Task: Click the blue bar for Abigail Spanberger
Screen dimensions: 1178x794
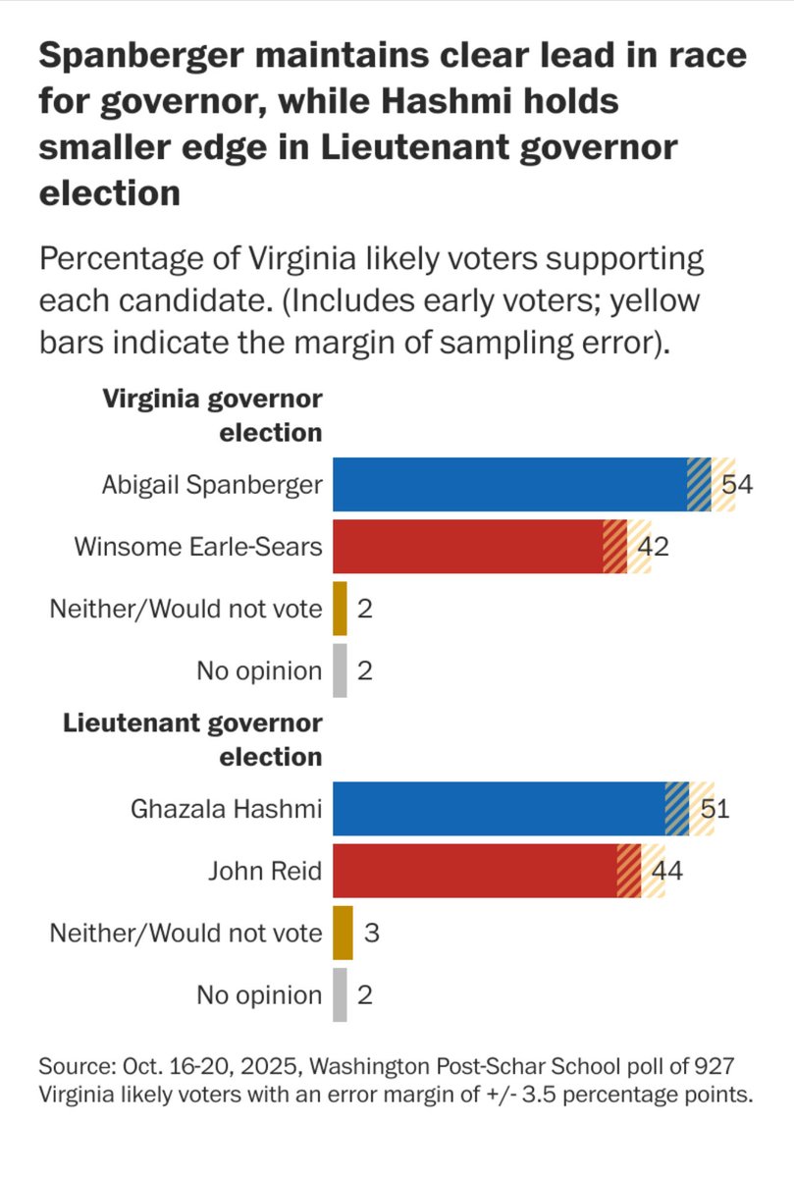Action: [x=510, y=484]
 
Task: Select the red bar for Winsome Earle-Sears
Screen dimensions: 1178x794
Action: [x=468, y=547]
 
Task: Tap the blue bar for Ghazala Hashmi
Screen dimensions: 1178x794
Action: [x=500, y=809]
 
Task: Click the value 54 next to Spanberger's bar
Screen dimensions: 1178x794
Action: [x=736, y=484]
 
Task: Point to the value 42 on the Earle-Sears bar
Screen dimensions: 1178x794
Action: [x=653, y=547]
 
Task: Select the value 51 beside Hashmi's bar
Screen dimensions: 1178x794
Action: [x=715, y=809]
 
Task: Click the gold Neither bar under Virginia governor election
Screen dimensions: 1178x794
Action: [x=340, y=609]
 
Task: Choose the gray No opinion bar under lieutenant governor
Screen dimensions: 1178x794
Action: [x=340, y=994]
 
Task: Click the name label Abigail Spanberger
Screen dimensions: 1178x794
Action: [x=211, y=484]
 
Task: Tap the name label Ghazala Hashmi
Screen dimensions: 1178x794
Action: [x=226, y=810]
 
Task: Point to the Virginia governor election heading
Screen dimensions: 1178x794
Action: [x=212, y=415]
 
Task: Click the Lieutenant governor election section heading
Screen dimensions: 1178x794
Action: [x=193, y=740]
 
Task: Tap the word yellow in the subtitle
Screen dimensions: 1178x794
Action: [x=654, y=301]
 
